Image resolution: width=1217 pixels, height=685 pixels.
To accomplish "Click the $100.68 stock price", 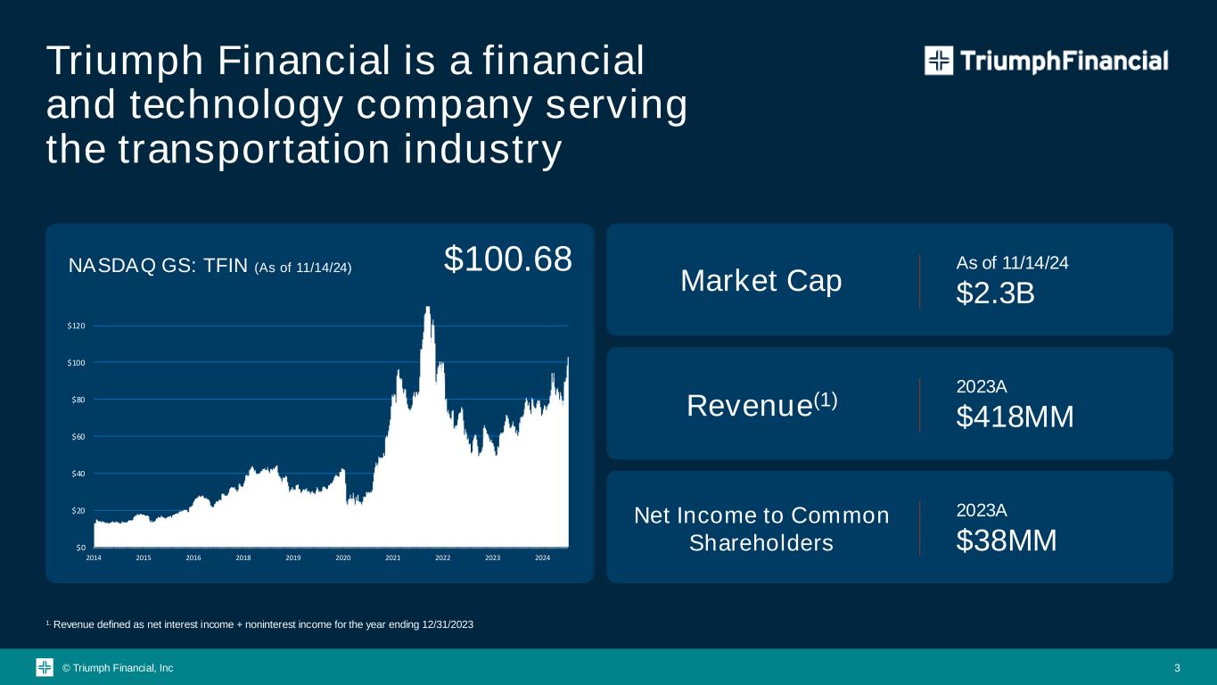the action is click(508, 259).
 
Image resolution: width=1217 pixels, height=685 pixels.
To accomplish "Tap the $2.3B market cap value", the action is click(995, 293).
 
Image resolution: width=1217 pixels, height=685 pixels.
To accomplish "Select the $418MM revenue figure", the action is click(1015, 417).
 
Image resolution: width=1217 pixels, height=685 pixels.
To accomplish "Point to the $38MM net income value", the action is click(1007, 541).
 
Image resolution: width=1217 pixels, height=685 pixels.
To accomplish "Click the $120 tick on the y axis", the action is click(76, 326).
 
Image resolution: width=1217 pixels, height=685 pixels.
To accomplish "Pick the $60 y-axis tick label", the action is click(78, 436).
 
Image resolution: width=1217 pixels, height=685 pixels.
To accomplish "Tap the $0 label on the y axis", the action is click(81, 548).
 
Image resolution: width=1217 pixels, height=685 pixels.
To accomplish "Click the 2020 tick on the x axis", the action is click(343, 557).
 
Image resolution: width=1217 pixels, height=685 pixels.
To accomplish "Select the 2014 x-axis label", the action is click(94, 557).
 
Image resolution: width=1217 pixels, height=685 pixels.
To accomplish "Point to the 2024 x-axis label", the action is click(542, 557).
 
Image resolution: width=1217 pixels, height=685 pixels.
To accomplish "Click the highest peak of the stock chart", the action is click(428, 307).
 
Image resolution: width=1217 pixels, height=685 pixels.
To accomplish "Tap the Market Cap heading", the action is click(761, 281).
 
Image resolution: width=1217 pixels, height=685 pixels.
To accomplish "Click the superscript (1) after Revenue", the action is click(826, 400).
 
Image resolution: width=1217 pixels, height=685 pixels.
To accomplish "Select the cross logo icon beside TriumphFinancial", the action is click(939, 61).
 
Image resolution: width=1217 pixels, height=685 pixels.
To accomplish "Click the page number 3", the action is click(1177, 668).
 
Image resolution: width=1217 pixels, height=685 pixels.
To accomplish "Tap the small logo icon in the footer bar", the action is click(45, 667).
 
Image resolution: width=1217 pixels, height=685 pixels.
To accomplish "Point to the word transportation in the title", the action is click(254, 150).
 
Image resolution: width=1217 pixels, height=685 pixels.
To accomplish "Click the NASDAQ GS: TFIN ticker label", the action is click(158, 267).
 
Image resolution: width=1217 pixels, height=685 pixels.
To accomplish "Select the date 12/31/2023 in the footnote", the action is click(448, 624).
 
